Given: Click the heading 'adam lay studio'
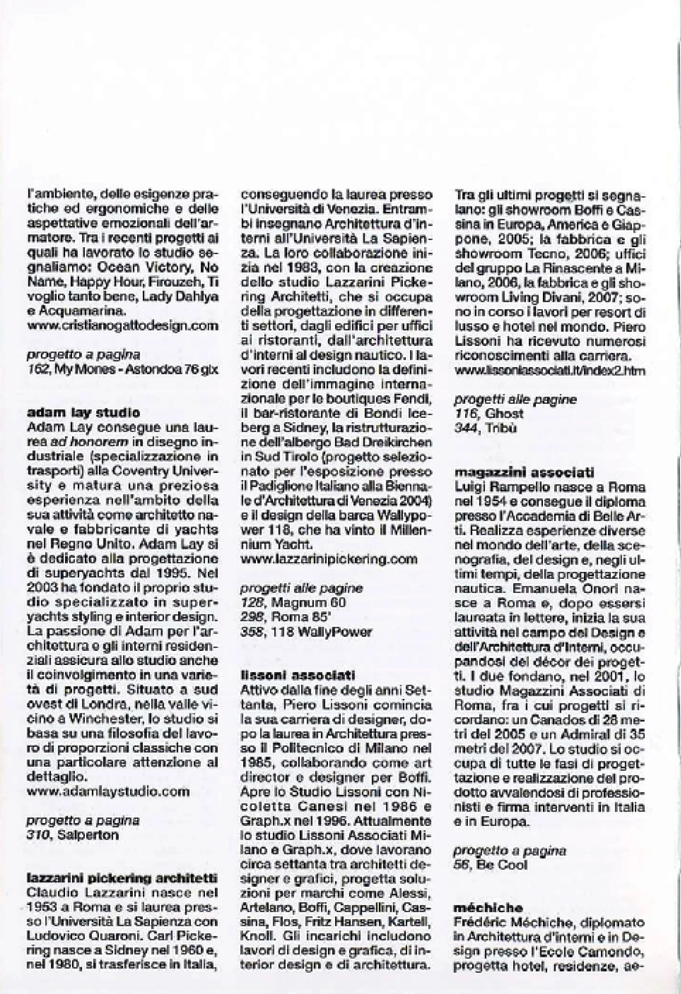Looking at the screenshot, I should (x=83, y=413).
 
